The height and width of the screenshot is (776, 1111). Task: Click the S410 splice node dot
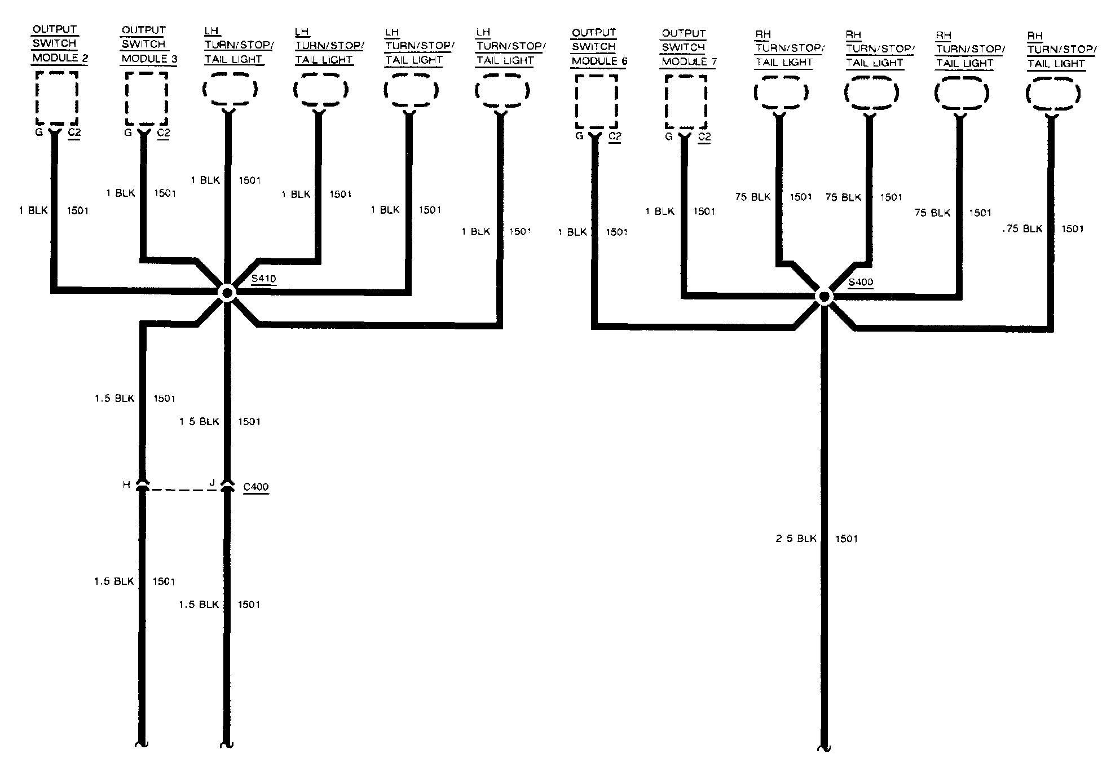click(227, 293)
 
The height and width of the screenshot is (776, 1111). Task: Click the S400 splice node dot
click(824, 297)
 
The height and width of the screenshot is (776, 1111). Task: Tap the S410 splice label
click(264, 279)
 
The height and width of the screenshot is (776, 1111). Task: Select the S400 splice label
click(861, 282)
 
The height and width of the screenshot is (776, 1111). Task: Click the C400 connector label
click(255, 487)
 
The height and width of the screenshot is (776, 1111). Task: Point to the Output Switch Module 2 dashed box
click(56, 98)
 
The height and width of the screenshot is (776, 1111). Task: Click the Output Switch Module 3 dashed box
click(146, 98)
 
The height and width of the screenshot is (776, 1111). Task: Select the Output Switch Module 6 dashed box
click(596, 102)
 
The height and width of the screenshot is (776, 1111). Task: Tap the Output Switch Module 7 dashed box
click(685, 102)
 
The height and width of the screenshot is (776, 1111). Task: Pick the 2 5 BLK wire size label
click(796, 539)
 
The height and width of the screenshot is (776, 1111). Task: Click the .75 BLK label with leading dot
click(1022, 229)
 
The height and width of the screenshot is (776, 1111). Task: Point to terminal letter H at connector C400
click(126, 484)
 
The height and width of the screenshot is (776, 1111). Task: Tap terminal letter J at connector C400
click(212, 483)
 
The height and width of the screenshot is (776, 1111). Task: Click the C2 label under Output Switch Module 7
click(704, 137)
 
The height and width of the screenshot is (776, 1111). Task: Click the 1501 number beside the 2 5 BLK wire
click(847, 539)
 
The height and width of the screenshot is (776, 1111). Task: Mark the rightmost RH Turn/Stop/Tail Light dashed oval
click(1053, 93)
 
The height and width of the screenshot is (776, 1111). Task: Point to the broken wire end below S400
click(824, 747)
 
